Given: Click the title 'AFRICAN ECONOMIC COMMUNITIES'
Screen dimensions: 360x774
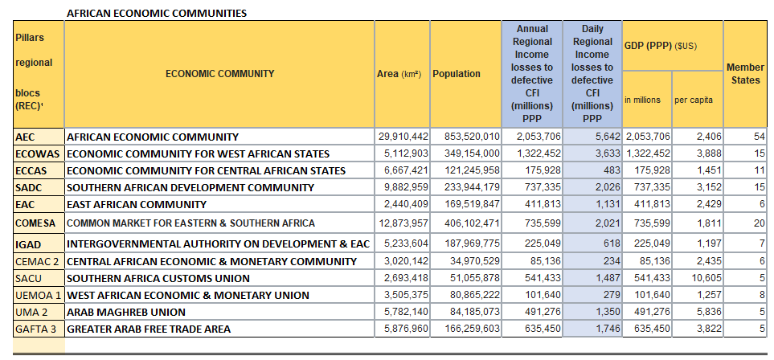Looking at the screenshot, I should (x=156, y=14).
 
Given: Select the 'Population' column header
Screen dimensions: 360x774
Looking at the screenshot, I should (x=457, y=74).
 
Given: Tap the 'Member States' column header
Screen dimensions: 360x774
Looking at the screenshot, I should (x=745, y=74).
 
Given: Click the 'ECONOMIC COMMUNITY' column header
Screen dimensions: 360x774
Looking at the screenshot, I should (x=219, y=74).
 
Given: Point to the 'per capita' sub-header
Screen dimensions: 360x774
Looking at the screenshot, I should (x=693, y=100).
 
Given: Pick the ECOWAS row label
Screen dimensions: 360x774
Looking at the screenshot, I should (x=35, y=153).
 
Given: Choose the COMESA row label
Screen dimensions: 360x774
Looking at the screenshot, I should (x=37, y=223).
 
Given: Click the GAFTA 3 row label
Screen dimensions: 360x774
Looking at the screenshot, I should (x=38, y=329).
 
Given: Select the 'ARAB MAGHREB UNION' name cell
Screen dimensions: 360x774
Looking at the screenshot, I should (x=125, y=312).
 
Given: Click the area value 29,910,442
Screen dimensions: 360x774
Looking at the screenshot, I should (x=403, y=137).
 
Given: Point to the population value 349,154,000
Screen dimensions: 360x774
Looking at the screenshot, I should (x=466, y=153).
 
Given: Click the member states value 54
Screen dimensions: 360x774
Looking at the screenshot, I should (x=760, y=137).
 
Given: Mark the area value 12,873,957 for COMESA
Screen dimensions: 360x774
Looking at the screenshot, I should (x=403, y=223).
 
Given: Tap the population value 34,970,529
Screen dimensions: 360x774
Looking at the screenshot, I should (x=469, y=261).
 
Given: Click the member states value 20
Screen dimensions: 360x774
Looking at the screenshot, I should (x=760, y=223).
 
